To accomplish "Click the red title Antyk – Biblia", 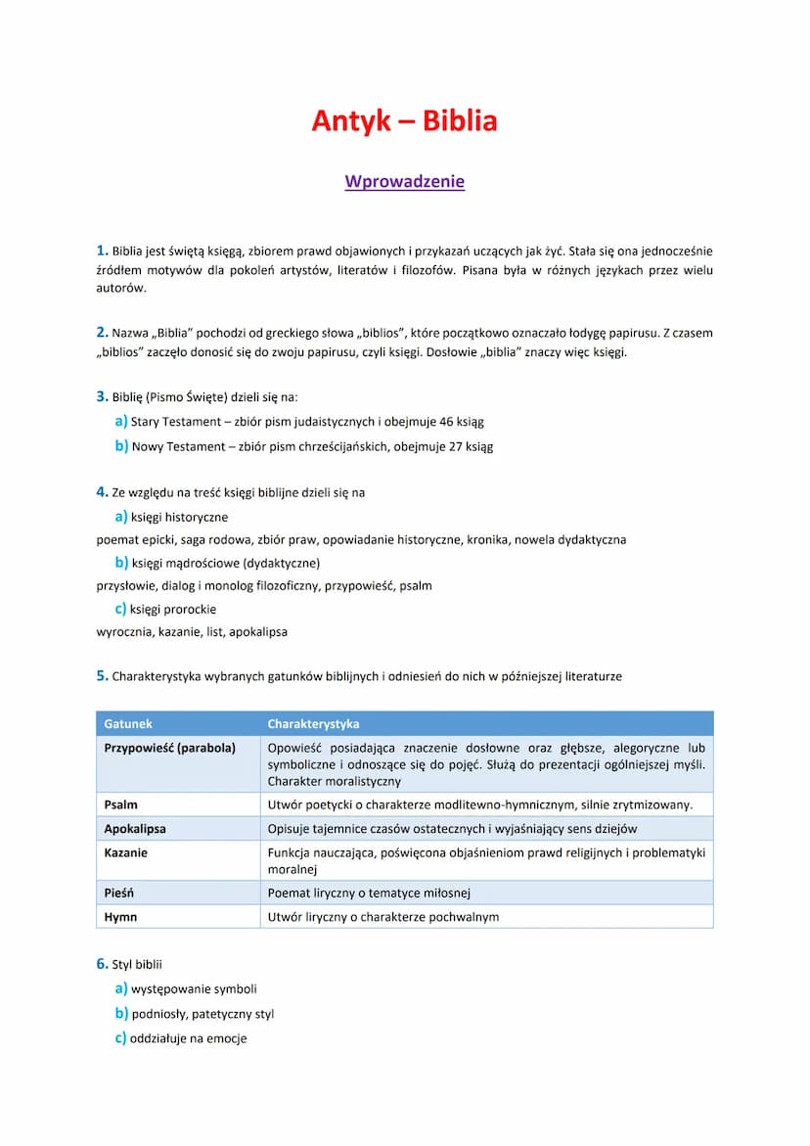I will point(404,121).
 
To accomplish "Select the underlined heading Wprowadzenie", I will point(404,182).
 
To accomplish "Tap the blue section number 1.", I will point(102,251).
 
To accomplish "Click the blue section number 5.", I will point(102,675).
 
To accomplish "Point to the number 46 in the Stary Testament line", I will point(434,422).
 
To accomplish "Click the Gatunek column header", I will point(128,724).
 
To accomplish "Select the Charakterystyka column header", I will point(313,724).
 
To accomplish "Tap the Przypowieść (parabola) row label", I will point(169,748).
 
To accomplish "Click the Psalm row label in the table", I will point(120,804).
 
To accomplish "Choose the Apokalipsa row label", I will point(135,829).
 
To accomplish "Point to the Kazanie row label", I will point(126,852).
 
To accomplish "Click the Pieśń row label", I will point(119,893).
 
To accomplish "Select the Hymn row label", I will point(120,917).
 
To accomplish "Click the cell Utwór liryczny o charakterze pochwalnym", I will point(383,917).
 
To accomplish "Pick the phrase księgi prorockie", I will point(173,609).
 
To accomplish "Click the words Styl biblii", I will point(137,965).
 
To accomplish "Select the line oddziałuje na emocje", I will point(188,1038).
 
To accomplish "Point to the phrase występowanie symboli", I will point(194,989).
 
